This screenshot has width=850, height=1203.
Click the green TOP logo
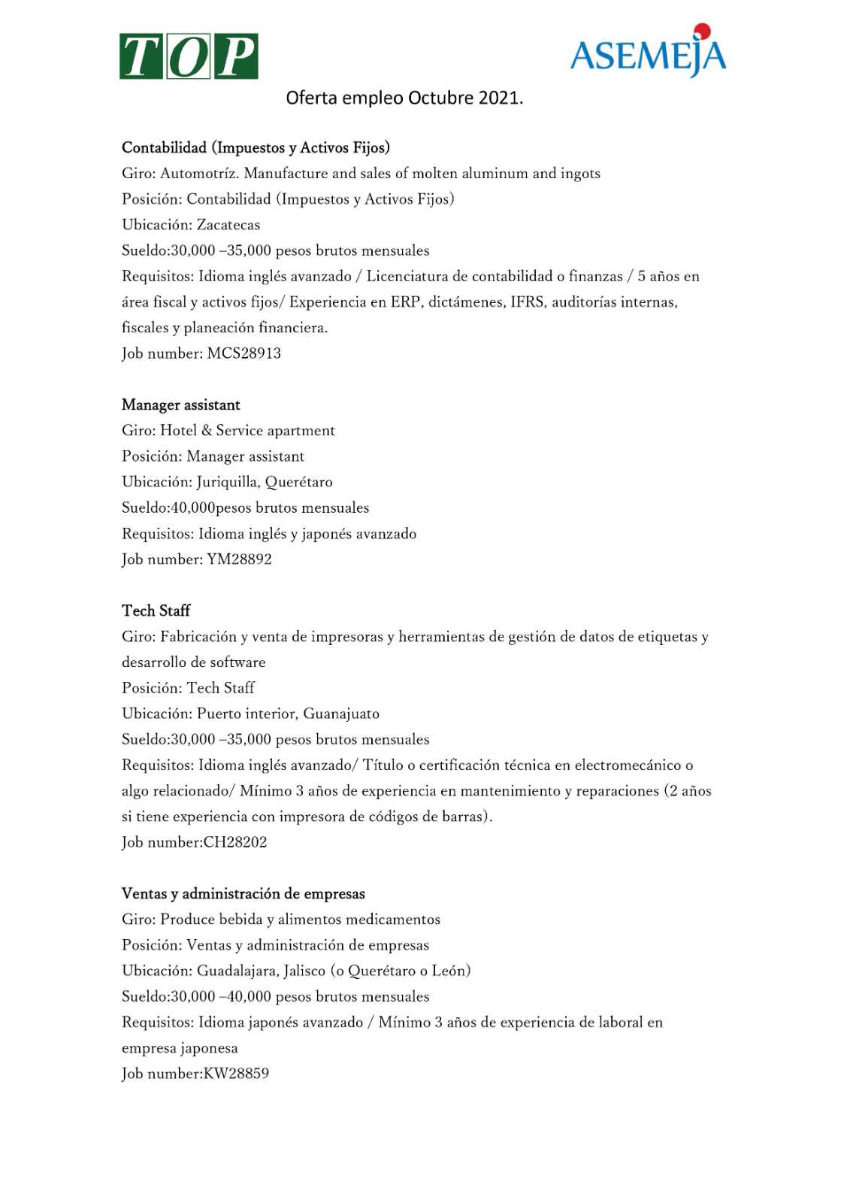pos(189,56)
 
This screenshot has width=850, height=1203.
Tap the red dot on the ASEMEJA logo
pos(702,31)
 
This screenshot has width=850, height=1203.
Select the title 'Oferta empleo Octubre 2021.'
pos(404,98)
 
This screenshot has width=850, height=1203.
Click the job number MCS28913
pos(244,353)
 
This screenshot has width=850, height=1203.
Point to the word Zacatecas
pos(228,225)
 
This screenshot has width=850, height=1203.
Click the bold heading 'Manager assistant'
pos(181,405)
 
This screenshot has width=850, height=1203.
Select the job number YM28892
pos(239,559)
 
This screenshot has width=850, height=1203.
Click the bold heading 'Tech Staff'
pos(156,611)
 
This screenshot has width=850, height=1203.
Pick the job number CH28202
pos(235,842)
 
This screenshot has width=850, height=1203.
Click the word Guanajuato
pos(341,714)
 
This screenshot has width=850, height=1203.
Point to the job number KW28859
pos(236,1074)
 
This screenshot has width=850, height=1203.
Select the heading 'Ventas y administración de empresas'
pos(244,894)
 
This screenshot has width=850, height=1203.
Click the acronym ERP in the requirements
pos(405,302)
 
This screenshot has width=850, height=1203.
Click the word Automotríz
pos(199,174)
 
